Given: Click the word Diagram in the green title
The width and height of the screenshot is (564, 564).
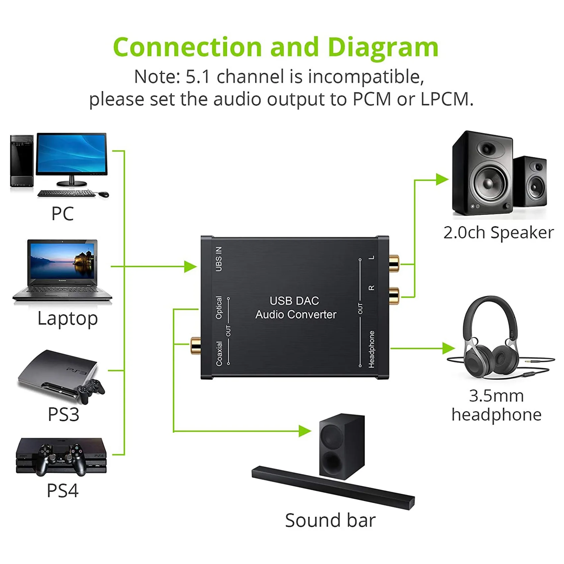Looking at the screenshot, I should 383,47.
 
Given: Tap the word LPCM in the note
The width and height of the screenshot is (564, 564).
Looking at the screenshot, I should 447,99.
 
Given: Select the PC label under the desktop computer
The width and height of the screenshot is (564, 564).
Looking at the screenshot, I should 62,213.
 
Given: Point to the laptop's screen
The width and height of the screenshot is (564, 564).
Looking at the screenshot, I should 63,261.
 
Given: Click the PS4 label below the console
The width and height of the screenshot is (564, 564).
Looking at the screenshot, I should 62,490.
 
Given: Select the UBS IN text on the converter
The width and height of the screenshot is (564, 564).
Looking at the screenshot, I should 219,259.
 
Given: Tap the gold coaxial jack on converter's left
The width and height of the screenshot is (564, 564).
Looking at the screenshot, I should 195,345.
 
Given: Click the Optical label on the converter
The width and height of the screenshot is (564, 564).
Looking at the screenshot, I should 219,308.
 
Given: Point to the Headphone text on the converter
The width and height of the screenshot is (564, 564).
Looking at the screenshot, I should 371,349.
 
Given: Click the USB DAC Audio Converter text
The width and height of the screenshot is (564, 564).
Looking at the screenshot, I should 295,308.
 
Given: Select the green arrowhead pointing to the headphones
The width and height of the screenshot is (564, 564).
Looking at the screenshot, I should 449,348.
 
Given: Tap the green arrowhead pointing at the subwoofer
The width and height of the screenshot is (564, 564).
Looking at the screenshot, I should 304,431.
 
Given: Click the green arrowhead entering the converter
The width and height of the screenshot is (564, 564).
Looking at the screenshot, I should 190,266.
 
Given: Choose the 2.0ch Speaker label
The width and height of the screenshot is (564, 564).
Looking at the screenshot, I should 498,232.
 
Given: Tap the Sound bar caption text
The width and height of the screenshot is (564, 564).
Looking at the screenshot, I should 330,520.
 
